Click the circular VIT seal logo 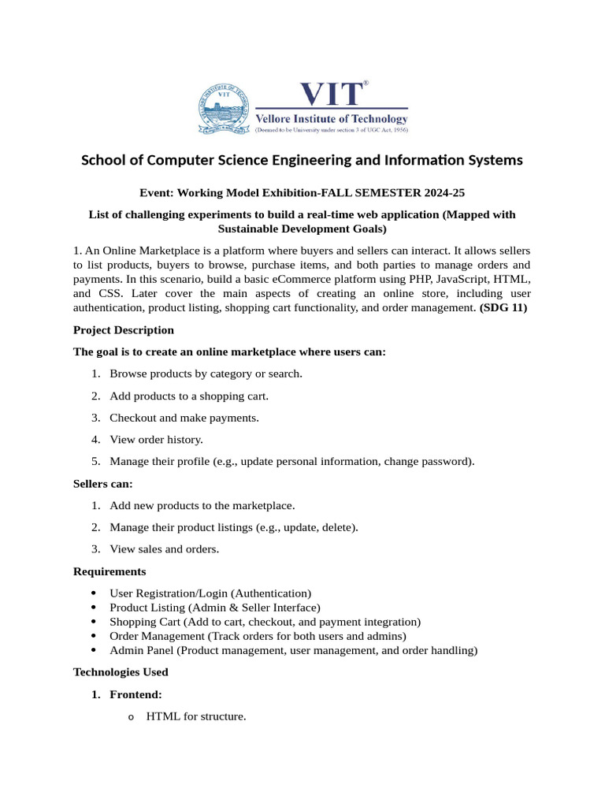pyautogui.click(x=224, y=109)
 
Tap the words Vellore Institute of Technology pyautogui.click(x=331, y=119)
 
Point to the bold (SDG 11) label pyautogui.click(x=503, y=307)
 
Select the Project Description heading pyautogui.click(x=124, y=329)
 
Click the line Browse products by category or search pyautogui.click(x=206, y=374)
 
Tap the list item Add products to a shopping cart pyautogui.click(x=194, y=396)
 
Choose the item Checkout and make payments pyautogui.click(x=184, y=418)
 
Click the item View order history pyautogui.click(x=156, y=440)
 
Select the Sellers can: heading pyautogui.click(x=102, y=483)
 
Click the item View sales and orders pyautogui.click(x=164, y=549)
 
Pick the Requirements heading pyautogui.click(x=109, y=571)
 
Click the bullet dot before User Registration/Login pyautogui.click(x=95, y=593)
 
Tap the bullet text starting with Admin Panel pyautogui.click(x=293, y=650)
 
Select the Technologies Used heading pyautogui.click(x=121, y=672)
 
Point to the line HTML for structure pyautogui.click(x=196, y=716)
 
